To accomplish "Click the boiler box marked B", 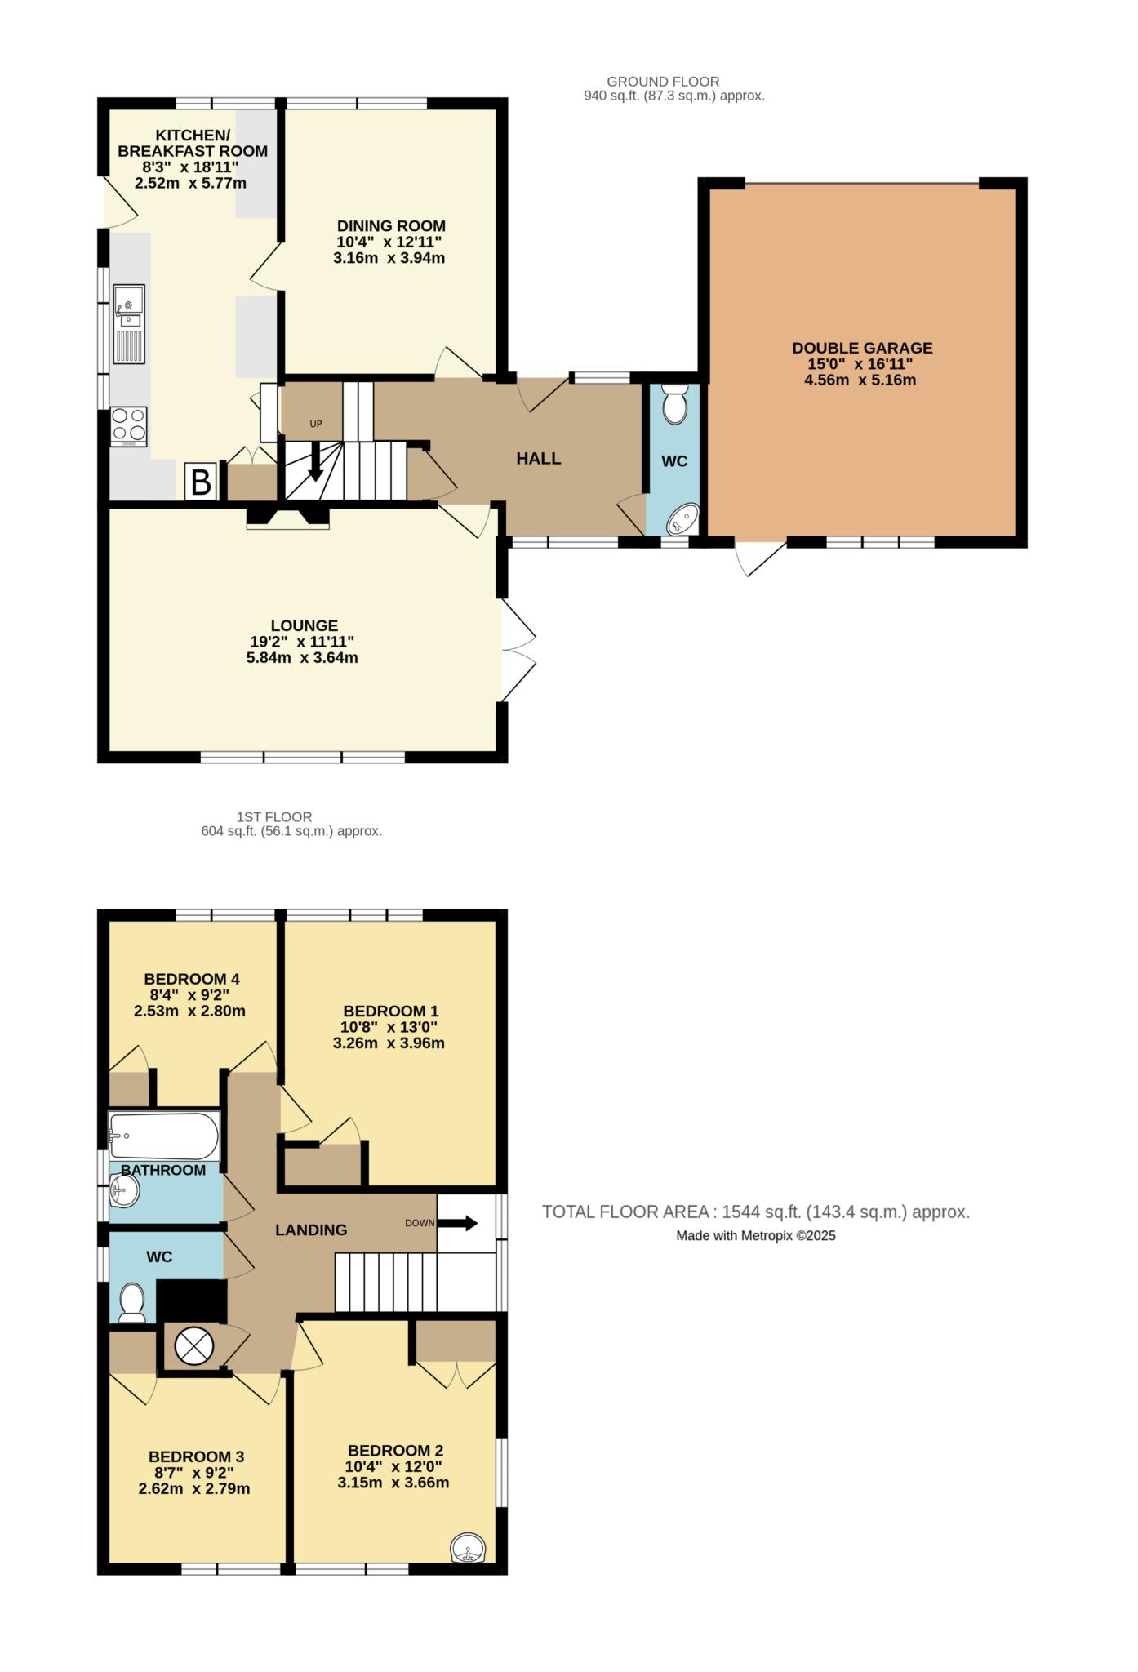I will [x=200, y=481].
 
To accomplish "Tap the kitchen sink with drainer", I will [x=129, y=324].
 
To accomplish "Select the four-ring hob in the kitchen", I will [x=129, y=426].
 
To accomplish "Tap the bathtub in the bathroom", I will [x=164, y=1136].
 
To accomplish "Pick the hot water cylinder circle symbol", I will [x=193, y=1345].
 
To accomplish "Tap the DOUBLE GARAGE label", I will [x=862, y=348].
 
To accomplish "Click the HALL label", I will [x=538, y=459].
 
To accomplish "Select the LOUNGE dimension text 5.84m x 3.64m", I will [x=302, y=657].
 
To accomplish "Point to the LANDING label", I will [x=311, y=1230].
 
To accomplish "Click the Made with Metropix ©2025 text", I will [x=755, y=1236].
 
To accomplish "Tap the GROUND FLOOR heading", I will [x=663, y=82].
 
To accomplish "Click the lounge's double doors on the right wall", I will [x=518, y=651].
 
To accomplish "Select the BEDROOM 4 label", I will [x=191, y=979].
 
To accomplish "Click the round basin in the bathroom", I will [x=125, y=1191].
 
